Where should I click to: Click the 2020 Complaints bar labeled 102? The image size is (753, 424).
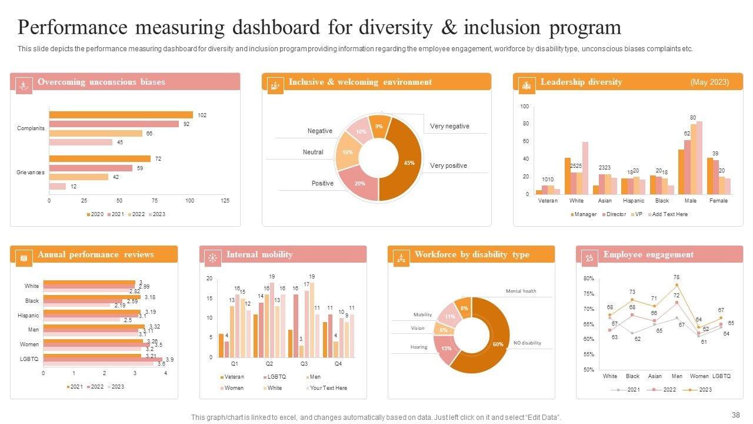tap(121, 115)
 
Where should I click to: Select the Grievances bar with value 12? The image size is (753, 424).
tap(57, 187)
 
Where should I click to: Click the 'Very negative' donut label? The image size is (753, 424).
tap(449, 126)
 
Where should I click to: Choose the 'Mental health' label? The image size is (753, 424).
tap(521, 291)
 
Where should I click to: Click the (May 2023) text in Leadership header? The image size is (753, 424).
tap(709, 82)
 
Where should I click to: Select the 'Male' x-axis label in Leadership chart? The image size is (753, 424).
tap(690, 201)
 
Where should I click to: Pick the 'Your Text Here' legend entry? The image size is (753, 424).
tap(328, 388)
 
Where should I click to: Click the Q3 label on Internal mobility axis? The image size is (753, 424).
tap(304, 364)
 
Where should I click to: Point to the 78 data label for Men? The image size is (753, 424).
tap(677, 277)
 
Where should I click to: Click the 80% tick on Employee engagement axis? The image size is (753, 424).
tap(588, 278)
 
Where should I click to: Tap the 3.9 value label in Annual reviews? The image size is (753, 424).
tap(169, 359)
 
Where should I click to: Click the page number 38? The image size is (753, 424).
tap(735, 415)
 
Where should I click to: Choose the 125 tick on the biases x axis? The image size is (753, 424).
tap(225, 201)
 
